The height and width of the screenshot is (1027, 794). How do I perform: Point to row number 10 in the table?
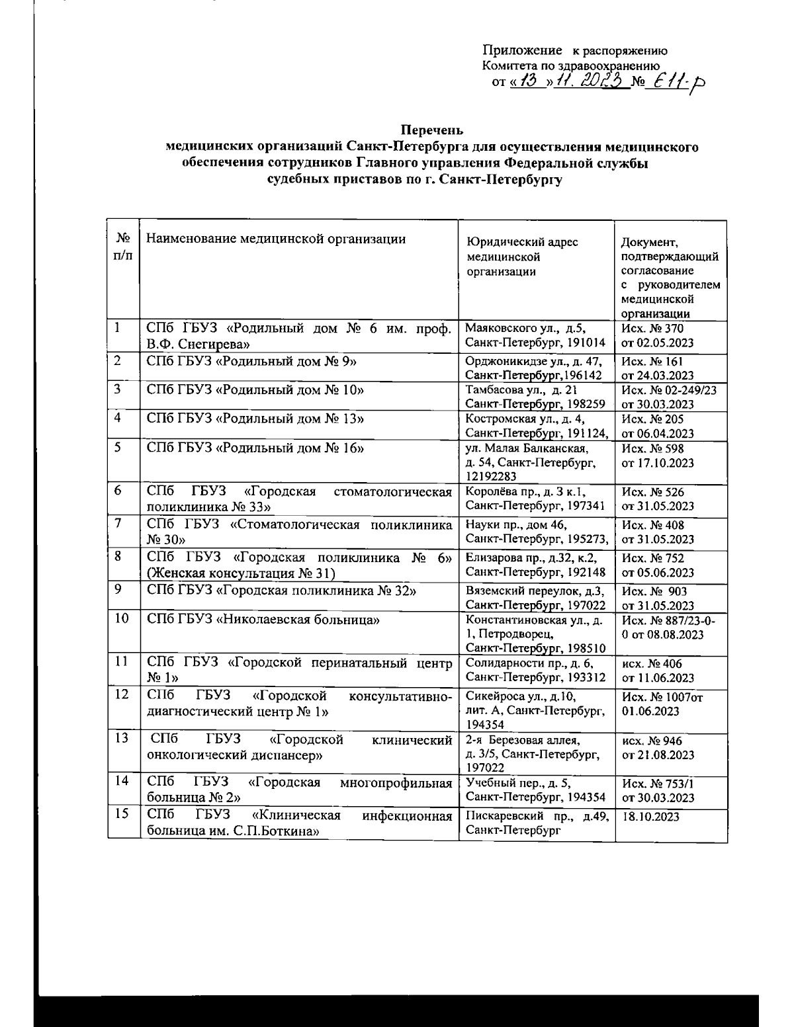[122, 619]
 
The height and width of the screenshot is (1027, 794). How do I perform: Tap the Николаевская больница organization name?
[263, 620]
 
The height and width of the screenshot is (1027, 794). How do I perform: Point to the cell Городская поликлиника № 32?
[281, 591]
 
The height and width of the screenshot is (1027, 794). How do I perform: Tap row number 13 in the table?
[122, 738]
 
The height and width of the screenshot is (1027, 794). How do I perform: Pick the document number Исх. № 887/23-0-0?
[669, 627]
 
